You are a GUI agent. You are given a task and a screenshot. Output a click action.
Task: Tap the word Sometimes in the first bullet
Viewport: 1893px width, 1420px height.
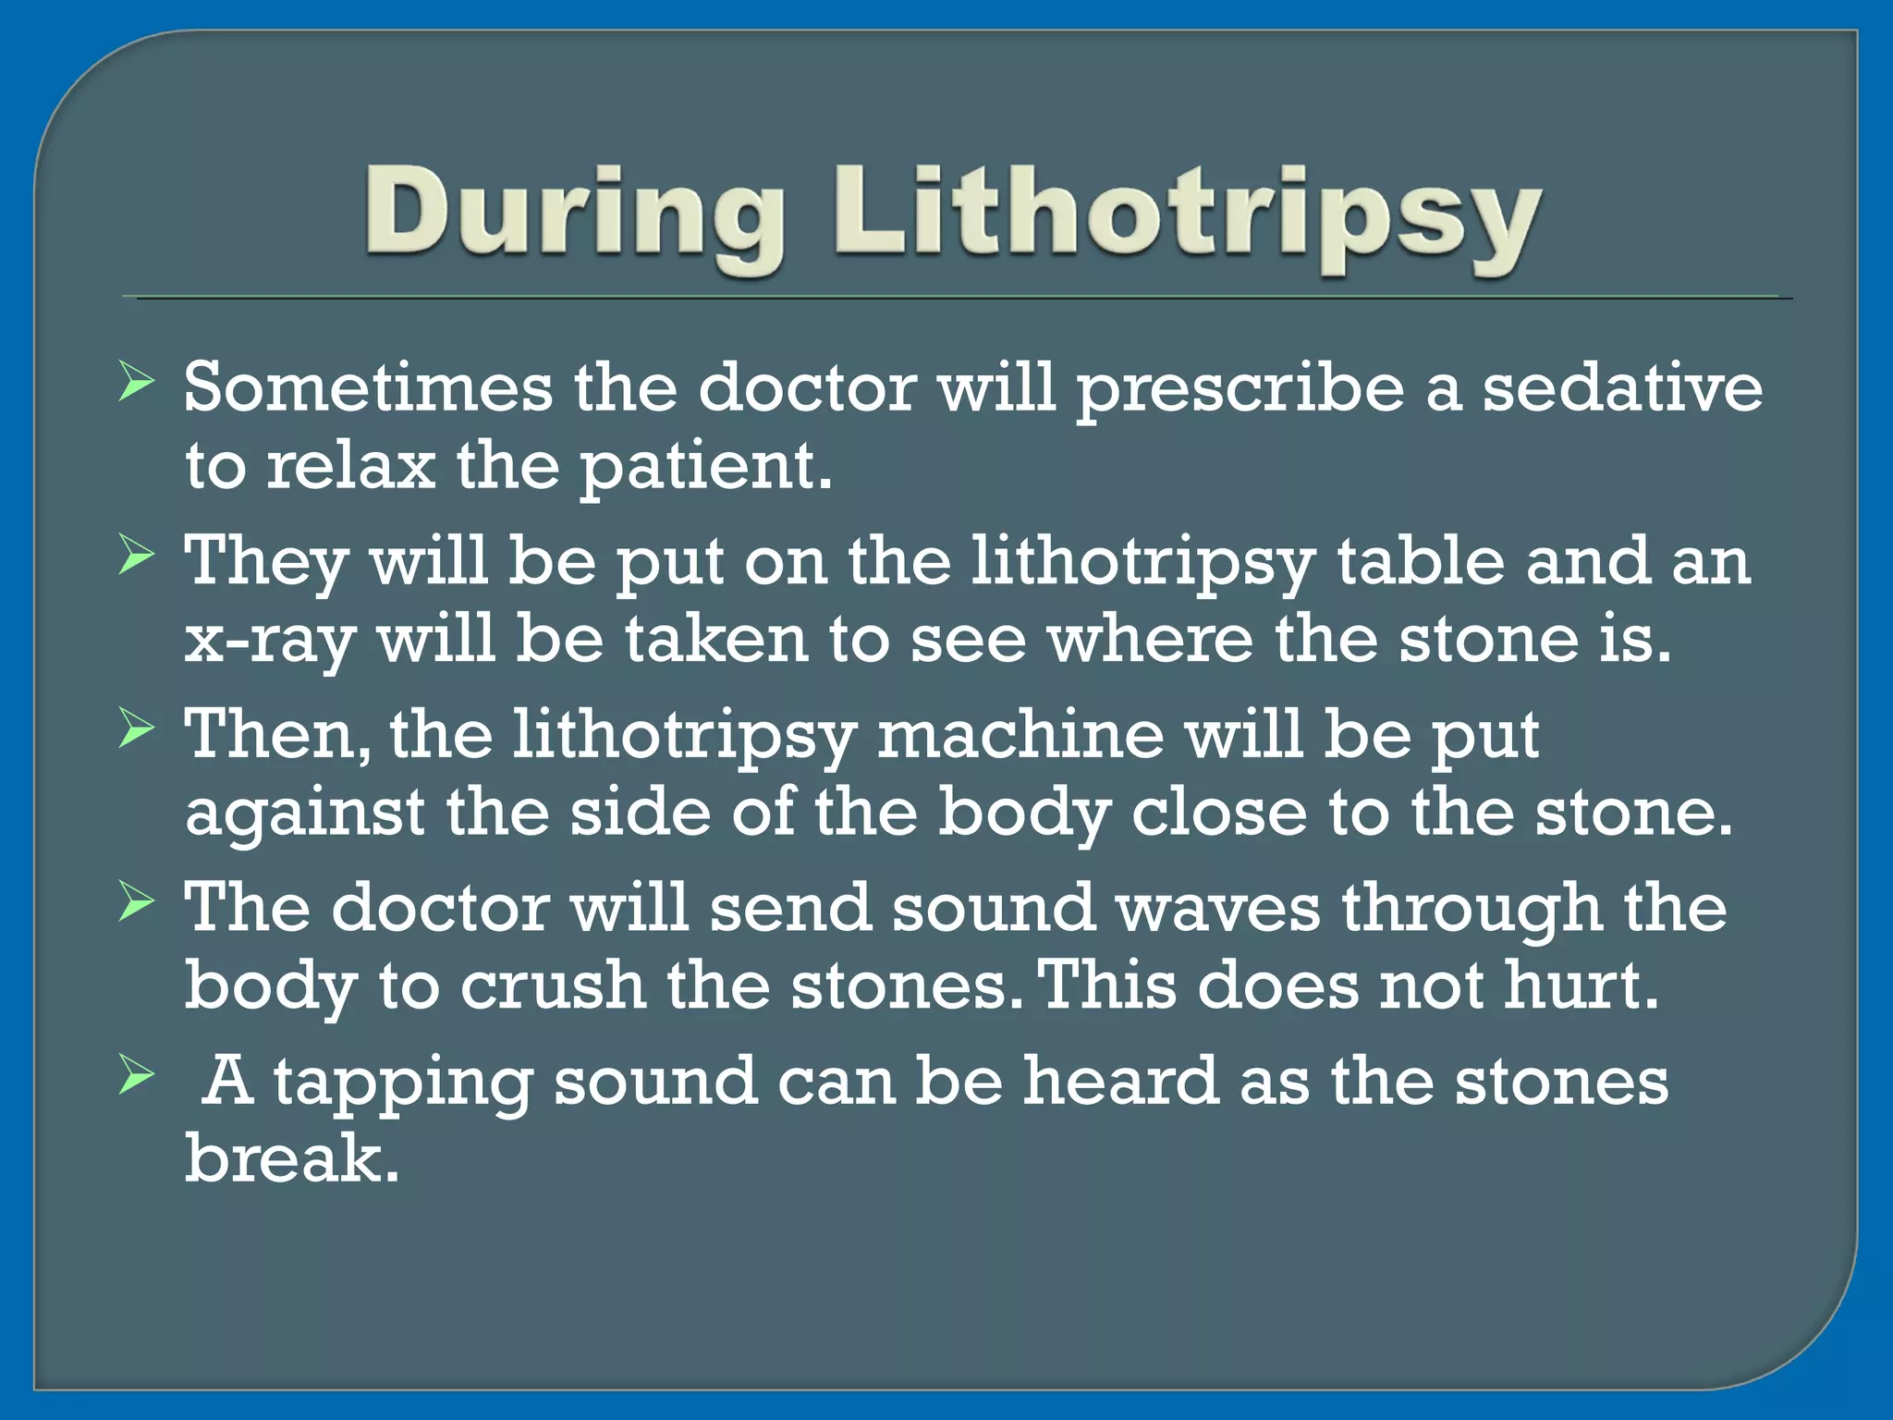[367, 387]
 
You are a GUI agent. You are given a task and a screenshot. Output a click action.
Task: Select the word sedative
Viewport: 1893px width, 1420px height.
[1622, 387]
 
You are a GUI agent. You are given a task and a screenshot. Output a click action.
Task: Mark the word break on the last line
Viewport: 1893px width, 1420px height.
[291, 1159]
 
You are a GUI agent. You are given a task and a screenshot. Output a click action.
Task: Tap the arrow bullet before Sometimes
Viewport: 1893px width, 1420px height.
[136, 383]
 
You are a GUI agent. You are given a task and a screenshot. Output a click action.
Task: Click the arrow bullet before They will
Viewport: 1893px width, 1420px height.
[136, 557]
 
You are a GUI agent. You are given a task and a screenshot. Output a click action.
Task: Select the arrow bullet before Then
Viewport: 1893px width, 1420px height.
[136, 730]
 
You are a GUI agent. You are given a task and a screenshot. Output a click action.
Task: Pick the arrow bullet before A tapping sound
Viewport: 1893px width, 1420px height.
[136, 1076]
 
